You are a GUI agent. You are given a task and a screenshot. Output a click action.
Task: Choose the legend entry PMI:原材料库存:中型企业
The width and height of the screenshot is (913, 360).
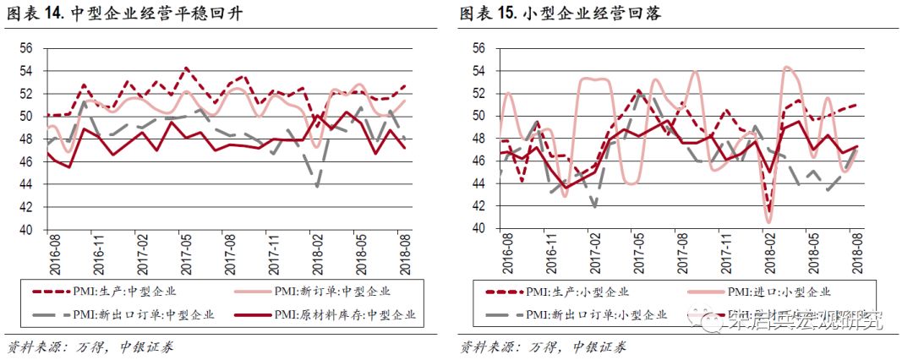click(x=343, y=315)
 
